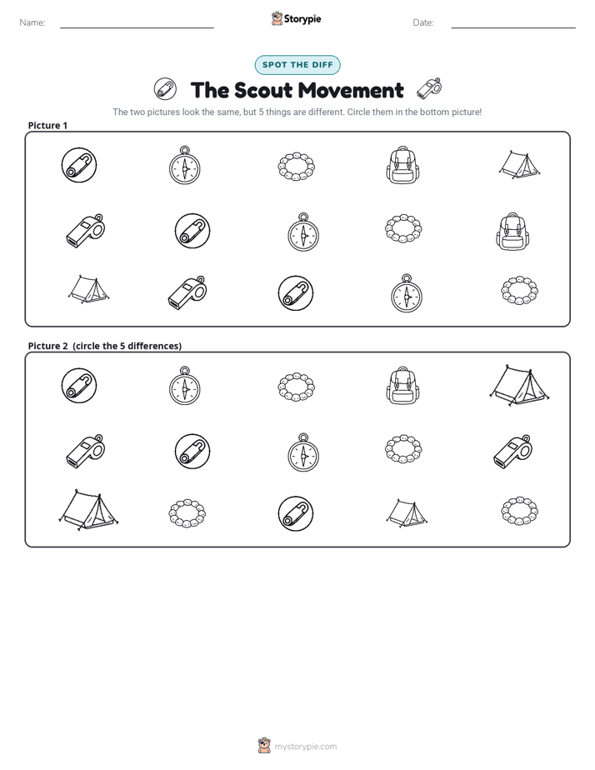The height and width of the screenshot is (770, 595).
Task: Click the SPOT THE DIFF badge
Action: click(x=297, y=65)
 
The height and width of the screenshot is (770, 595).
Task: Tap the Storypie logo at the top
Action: click(x=296, y=19)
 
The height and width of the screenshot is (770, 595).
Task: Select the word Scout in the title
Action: click(x=262, y=90)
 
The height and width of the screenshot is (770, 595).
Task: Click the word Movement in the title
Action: click(x=351, y=90)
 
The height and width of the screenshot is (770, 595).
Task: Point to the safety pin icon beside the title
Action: click(x=165, y=89)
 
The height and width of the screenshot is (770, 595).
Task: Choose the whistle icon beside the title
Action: click(x=429, y=88)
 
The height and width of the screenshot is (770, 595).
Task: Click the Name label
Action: click(x=32, y=22)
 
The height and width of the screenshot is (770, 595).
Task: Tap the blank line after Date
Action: click(x=513, y=27)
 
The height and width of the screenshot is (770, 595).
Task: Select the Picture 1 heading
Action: click(x=47, y=125)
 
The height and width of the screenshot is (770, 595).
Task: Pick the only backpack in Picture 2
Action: click(x=403, y=386)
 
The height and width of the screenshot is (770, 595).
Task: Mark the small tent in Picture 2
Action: click(x=407, y=513)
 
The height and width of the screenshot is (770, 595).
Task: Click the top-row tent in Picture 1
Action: click(x=519, y=164)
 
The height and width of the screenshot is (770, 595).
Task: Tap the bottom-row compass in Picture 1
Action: click(x=407, y=293)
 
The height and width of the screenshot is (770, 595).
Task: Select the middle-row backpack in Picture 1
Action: click(x=513, y=232)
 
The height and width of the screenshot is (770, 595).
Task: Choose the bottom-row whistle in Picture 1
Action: click(x=187, y=293)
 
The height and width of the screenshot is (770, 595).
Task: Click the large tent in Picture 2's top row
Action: click(x=519, y=385)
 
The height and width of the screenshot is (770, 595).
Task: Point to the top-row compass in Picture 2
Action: click(x=185, y=386)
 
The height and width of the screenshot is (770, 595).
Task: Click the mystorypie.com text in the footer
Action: click(x=305, y=747)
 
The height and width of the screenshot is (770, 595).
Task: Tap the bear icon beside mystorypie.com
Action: click(x=264, y=745)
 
